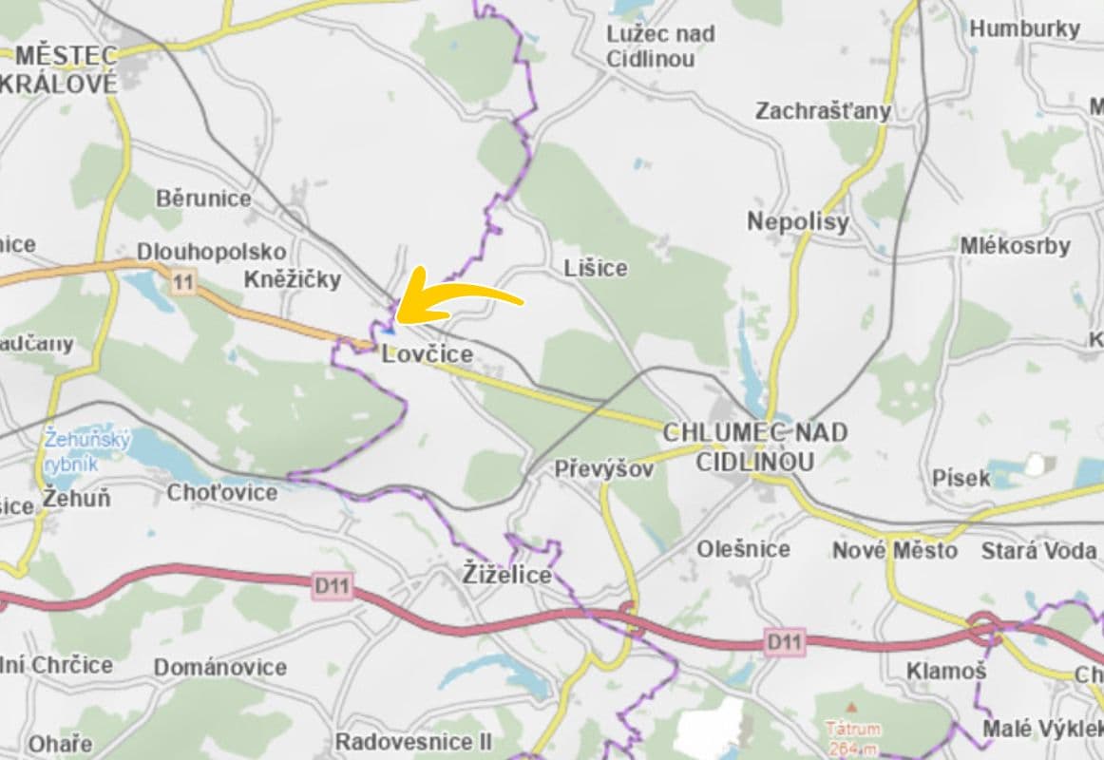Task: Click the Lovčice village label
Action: point(427,355)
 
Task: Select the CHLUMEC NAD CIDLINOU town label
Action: point(754,446)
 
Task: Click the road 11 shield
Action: point(183,281)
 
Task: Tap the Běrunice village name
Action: point(203,199)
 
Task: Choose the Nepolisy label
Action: point(797,222)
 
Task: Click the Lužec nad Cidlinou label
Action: point(661,46)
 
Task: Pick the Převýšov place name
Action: point(604,469)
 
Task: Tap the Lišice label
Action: point(595,268)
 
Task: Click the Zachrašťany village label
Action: point(823,111)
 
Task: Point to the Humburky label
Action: point(1024,28)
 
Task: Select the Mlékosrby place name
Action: point(1015,245)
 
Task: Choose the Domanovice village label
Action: point(219,667)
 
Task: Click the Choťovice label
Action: point(222,492)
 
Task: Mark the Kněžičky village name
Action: point(292,279)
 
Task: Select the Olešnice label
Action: point(743,549)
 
